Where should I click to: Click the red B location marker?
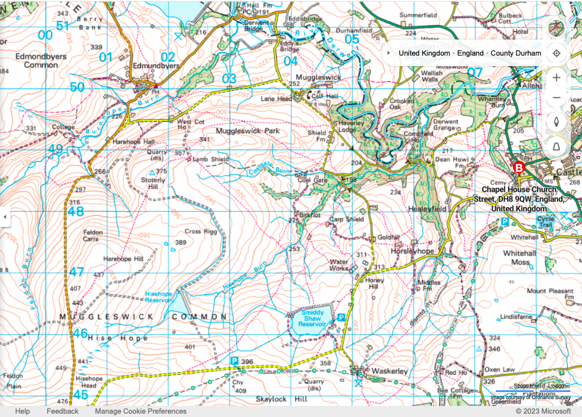click(519, 167)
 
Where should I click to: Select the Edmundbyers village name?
click(157, 66)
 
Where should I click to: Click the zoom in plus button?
click(556, 77)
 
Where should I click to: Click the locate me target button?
click(556, 53)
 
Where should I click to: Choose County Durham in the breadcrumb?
click(515, 53)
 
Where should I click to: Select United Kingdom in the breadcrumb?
click(424, 53)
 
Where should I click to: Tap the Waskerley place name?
click(389, 371)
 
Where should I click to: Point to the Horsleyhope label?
click(411, 251)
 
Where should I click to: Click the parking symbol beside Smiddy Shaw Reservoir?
click(342, 317)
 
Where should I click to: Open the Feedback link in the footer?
click(62, 411)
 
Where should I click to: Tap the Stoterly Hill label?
click(153, 183)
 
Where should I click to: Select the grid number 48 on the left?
click(76, 211)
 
